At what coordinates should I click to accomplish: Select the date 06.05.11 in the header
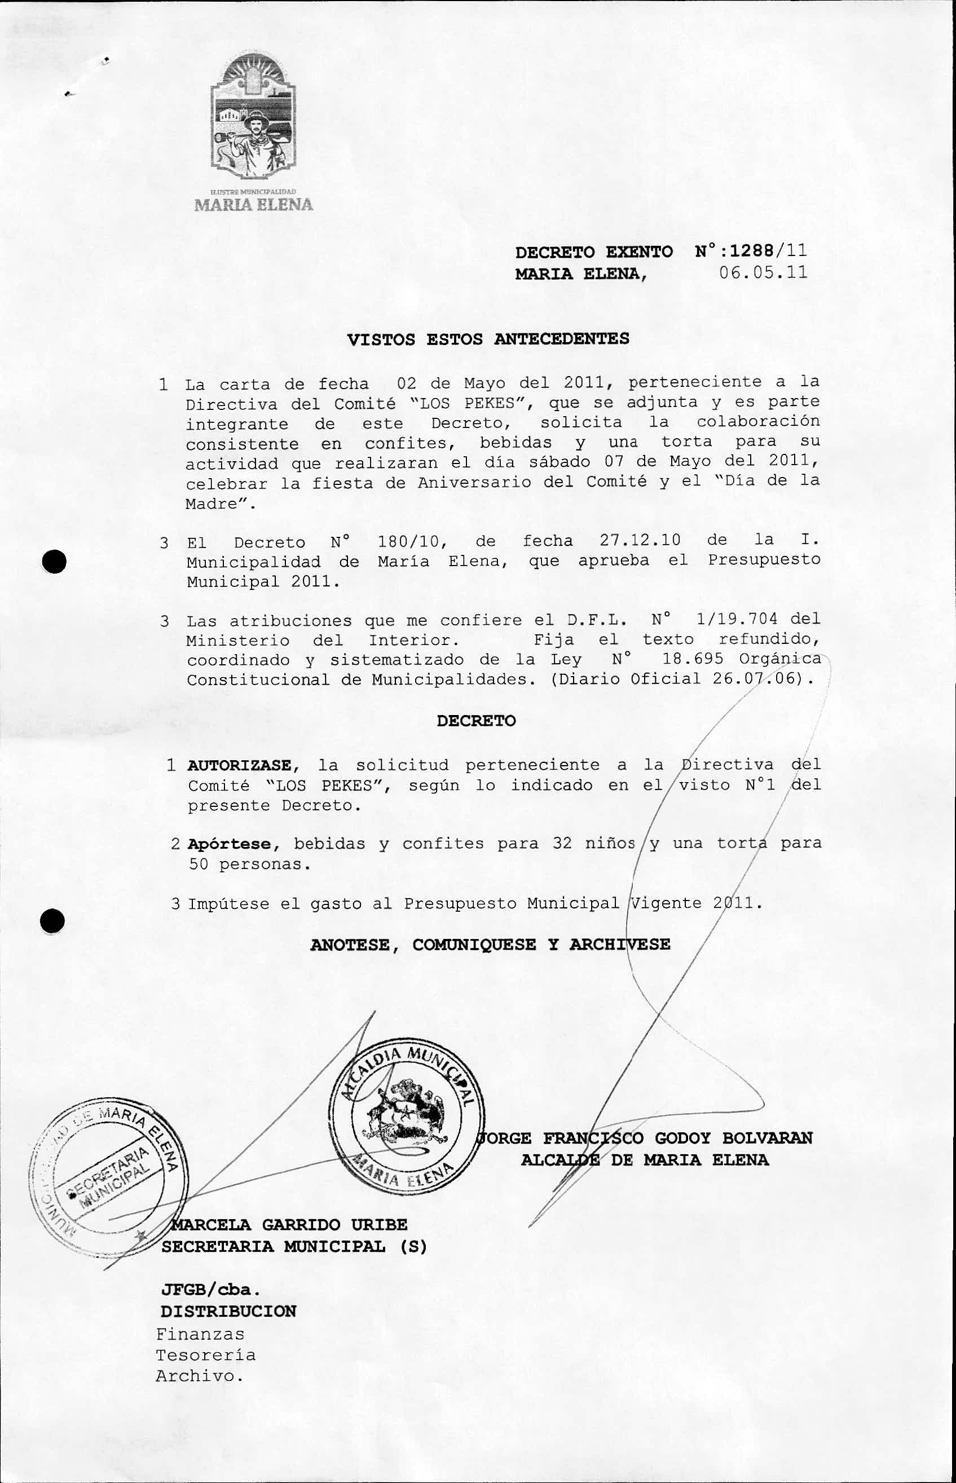(x=763, y=272)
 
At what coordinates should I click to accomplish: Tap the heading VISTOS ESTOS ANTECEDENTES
(x=488, y=339)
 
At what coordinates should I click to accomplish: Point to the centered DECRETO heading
(x=476, y=721)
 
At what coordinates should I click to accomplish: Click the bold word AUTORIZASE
(x=239, y=765)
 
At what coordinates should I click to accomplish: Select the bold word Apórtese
(x=230, y=844)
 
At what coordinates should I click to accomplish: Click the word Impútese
(x=228, y=903)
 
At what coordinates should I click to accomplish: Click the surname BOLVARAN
(x=766, y=1137)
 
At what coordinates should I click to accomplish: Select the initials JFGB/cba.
(x=210, y=1290)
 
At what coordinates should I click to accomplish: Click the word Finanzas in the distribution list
(x=200, y=1334)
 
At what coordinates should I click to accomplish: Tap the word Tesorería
(x=205, y=1354)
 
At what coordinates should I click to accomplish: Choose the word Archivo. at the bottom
(x=199, y=1376)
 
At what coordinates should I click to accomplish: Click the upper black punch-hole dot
(x=55, y=562)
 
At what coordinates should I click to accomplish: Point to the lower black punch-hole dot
(x=54, y=921)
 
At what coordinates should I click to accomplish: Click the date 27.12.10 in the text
(x=640, y=540)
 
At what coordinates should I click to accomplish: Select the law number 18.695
(x=693, y=659)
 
